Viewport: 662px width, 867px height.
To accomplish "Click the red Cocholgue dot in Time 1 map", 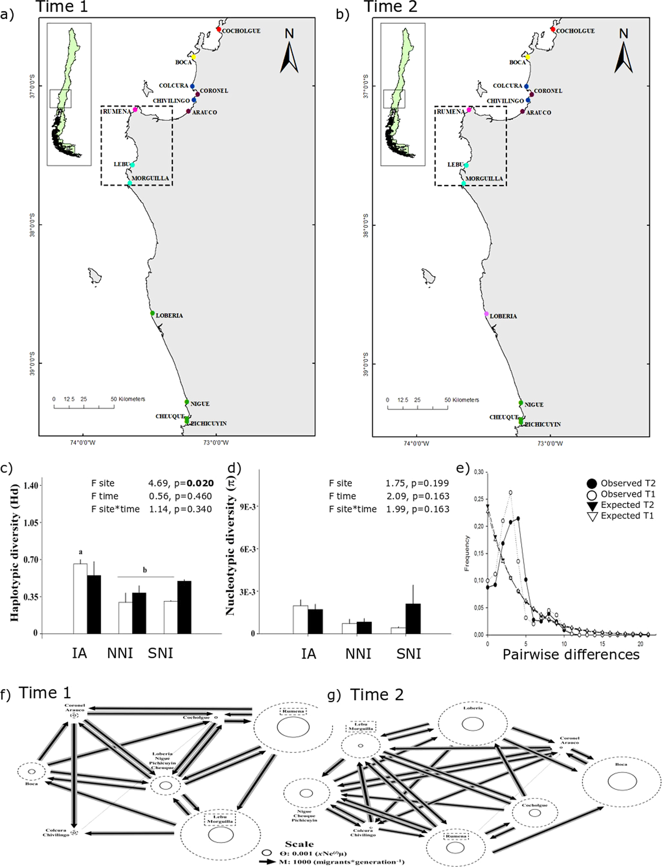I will (219, 29).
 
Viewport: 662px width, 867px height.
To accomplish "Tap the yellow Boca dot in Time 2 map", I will (528, 57).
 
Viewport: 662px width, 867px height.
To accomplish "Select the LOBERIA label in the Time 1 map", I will (169, 316).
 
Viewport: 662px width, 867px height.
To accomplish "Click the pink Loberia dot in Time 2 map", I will (486, 314).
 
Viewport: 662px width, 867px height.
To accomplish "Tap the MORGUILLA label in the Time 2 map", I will (484, 179).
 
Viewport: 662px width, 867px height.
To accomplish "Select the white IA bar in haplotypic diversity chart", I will (80, 599).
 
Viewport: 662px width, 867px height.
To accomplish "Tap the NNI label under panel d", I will (358, 654).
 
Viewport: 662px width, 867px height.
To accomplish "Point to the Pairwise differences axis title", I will (571, 654).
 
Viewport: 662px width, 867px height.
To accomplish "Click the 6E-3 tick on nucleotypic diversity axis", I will (249, 549).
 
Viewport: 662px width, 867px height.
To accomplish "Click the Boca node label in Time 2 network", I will (621, 764).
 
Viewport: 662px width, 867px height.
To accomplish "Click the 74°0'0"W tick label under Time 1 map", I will (83, 443).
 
